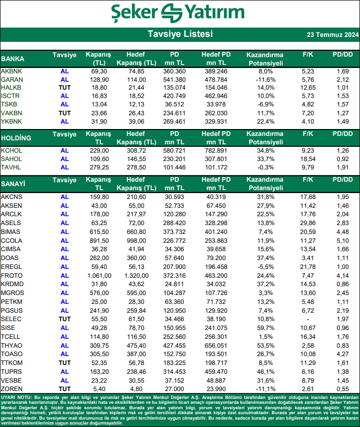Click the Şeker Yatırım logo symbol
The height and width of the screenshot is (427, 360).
(x=171, y=13)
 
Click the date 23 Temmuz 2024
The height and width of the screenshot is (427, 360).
(x=332, y=34)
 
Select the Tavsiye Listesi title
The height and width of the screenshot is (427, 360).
(x=180, y=34)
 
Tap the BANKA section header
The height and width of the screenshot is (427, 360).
(x=12, y=59)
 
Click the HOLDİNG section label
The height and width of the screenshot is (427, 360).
(x=16, y=138)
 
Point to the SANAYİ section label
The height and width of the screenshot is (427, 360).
(x=13, y=184)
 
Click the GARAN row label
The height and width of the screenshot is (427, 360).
(x=12, y=79)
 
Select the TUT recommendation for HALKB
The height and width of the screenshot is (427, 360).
(x=65, y=88)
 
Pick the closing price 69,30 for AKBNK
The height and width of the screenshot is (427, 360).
(x=99, y=71)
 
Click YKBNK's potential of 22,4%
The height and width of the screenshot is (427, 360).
(x=265, y=122)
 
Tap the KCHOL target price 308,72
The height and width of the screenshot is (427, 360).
(x=136, y=151)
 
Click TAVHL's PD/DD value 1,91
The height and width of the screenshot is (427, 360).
(x=343, y=167)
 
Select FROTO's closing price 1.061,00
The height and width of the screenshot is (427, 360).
(x=99, y=276)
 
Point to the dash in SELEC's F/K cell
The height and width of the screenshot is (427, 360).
(x=308, y=319)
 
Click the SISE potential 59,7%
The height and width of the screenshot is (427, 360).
(x=265, y=328)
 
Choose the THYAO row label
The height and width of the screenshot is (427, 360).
(x=11, y=346)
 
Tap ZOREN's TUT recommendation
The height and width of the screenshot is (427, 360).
(x=65, y=389)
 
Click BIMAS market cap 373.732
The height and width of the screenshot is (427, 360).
(x=174, y=232)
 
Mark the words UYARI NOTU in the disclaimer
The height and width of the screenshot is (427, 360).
(x=17, y=397)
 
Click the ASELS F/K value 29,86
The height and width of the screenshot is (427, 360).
(x=308, y=223)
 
